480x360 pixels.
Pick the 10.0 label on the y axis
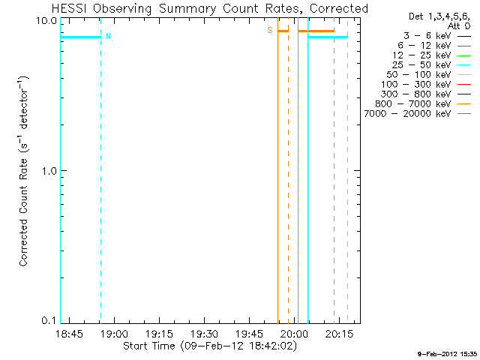click(x=43, y=20)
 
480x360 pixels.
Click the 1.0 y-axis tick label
click(x=46, y=170)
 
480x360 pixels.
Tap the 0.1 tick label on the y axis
click(x=46, y=320)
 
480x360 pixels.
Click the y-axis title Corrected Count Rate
click(x=24, y=170)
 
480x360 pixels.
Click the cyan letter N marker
click(x=108, y=36)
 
